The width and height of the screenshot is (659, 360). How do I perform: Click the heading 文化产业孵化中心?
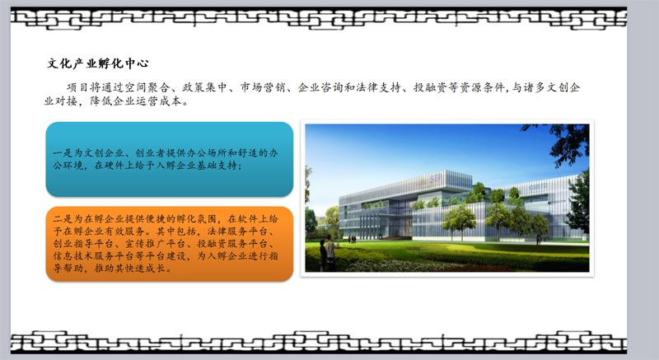point(97,63)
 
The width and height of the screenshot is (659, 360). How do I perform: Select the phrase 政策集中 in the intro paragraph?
point(204,87)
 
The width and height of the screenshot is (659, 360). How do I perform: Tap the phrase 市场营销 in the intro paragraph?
point(263,87)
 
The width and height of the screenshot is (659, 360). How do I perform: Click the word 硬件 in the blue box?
point(114,166)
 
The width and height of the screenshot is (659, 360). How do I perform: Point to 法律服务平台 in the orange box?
point(237,231)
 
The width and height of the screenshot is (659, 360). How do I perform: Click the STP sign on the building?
point(436,179)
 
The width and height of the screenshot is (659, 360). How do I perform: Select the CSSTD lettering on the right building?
point(539,186)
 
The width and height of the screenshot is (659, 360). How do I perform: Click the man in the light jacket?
point(330,252)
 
